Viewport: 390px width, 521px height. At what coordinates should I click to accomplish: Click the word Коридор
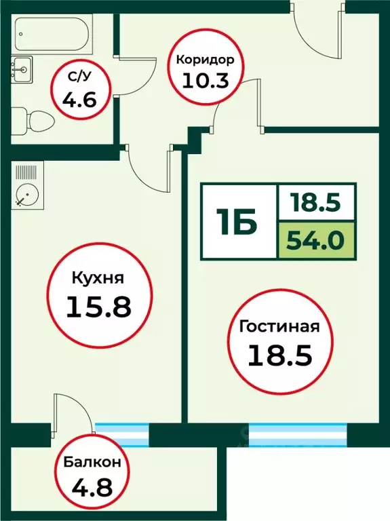point(205,60)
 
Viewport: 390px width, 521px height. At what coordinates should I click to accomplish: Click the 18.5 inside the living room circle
point(279,355)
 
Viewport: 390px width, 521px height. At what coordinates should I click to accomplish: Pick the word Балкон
point(93,463)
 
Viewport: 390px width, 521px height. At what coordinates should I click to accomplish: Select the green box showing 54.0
point(317,240)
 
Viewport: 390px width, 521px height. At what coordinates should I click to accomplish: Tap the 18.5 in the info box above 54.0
point(317,202)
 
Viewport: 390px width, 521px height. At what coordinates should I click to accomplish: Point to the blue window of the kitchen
point(121,433)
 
